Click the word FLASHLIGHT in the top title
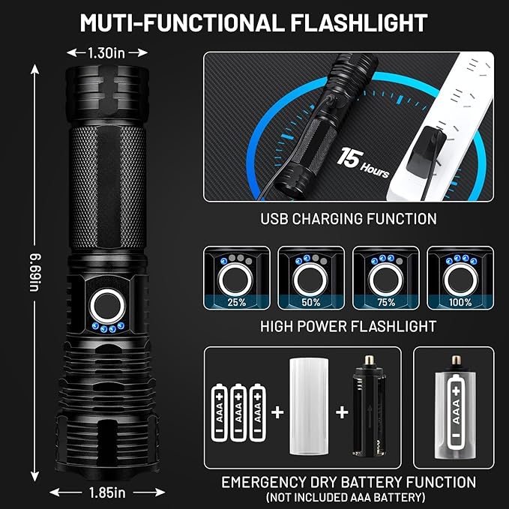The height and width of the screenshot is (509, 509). [358, 23]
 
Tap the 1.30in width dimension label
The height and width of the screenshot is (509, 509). [106, 53]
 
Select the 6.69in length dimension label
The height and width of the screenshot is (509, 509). [35, 273]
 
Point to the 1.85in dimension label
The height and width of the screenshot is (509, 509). [107, 493]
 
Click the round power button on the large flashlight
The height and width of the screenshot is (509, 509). [107, 306]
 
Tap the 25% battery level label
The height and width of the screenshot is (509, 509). [237, 302]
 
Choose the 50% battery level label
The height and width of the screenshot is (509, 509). [311, 302]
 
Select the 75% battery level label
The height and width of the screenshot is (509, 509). [386, 302]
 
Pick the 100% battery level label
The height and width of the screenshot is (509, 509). [460, 302]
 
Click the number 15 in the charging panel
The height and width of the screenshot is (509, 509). [350, 157]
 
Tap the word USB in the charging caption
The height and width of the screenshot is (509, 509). [274, 218]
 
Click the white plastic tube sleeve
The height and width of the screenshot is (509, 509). [309, 406]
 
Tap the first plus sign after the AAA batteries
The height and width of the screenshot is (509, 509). [277, 412]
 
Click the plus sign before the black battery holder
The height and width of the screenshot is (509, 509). [342, 412]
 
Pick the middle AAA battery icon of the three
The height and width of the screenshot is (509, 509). [238, 412]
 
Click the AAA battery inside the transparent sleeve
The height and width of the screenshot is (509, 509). [457, 412]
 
